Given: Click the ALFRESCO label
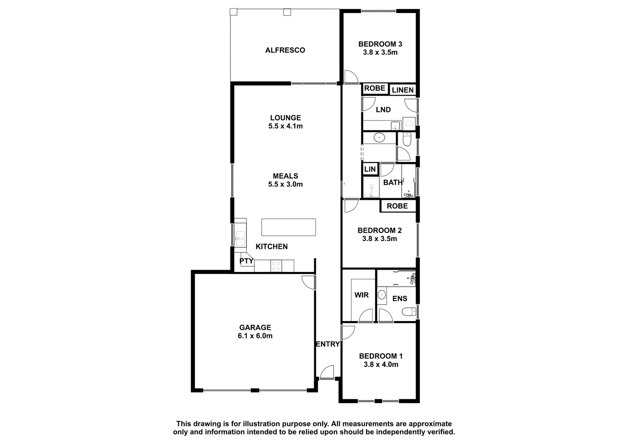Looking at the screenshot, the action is click(285, 50).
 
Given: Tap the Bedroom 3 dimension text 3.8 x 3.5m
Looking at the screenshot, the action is click(380, 53).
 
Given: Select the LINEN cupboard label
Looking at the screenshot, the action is click(403, 90).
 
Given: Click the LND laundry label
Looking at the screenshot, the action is click(383, 110).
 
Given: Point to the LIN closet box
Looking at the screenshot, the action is click(370, 169).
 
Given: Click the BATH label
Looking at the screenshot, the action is click(393, 183).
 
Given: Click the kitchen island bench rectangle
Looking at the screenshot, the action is click(288, 227).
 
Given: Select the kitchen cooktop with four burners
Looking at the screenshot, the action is click(276, 266).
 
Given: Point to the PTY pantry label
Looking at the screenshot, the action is click(246, 261).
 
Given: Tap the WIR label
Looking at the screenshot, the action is click(361, 295).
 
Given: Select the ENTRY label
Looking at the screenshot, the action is click(328, 344).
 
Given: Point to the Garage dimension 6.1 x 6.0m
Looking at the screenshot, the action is click(255, 336).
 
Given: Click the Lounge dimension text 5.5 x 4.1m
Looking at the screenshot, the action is click(285, 126).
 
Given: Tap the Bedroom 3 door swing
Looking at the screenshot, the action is click(351, 76).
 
